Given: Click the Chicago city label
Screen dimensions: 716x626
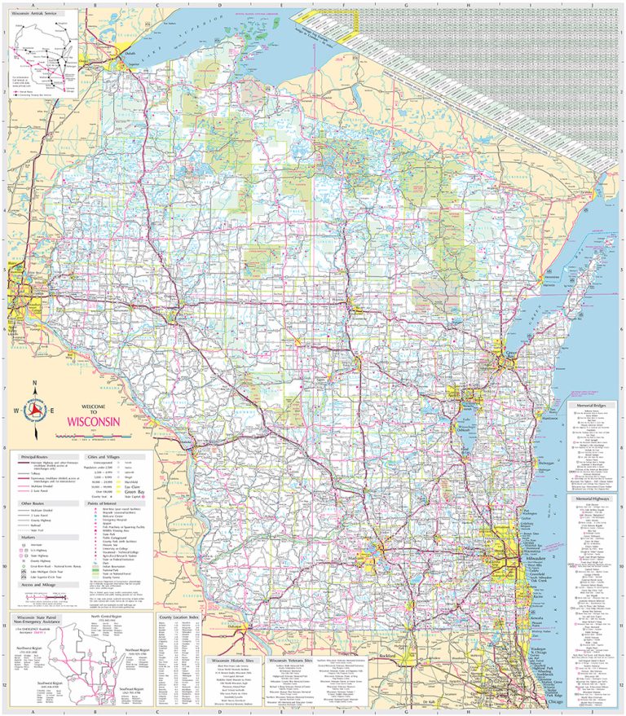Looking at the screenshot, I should point(555,701).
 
